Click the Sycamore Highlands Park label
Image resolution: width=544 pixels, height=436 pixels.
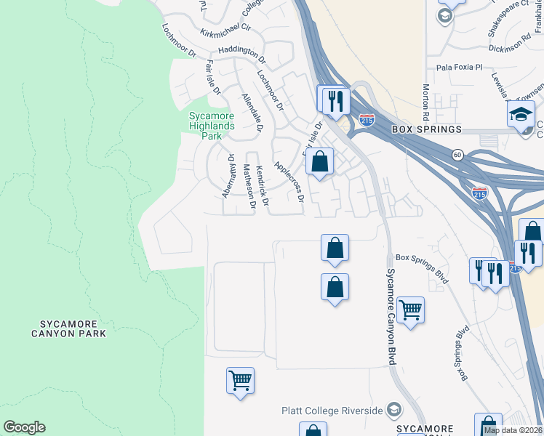tap(212, 126)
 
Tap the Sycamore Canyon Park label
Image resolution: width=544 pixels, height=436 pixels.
tap(68, 328)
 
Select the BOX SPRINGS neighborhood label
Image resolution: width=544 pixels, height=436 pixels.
tap(426, 129)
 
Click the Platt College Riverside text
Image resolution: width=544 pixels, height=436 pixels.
tap(332, 411)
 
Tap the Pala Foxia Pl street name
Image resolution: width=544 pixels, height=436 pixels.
tap(459, 67)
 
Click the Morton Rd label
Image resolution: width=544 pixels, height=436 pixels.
tap(425, 102)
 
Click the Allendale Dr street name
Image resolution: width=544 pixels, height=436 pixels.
tap(252, 115)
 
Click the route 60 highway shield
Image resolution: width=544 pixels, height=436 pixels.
tap(457, 154)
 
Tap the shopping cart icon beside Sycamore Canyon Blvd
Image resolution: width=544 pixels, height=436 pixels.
tap(410, 310)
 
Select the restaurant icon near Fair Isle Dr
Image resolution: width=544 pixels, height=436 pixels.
tap(335, 100)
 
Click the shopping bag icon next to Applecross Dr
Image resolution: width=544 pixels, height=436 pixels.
tap(319, 162)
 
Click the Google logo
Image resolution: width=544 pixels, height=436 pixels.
tap(24, 427)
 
